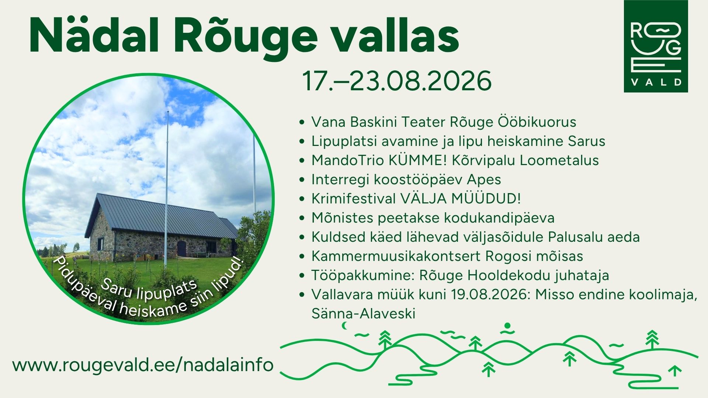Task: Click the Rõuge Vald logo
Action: [656, 46]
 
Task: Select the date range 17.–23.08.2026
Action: [397, 81]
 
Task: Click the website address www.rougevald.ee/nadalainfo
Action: [143, 365]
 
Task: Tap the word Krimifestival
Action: [353, 199]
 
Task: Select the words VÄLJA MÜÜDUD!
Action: [461, 199]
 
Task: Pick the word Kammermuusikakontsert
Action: [396, 256]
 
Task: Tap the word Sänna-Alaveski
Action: [363, 314]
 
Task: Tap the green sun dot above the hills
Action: [507, 326]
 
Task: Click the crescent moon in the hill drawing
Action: [345, 325]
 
